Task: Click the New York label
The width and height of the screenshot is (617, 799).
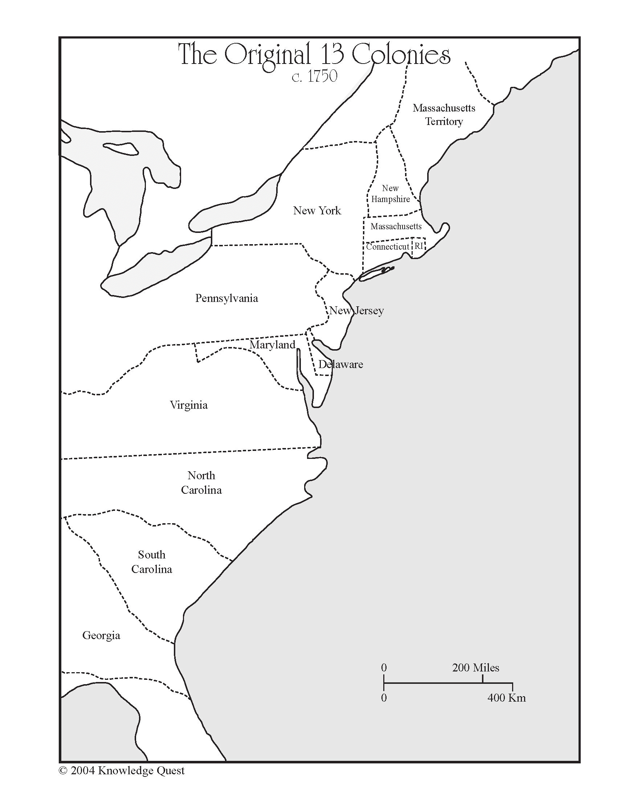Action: click(317, 211)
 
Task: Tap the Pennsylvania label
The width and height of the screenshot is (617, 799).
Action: click(226, 298)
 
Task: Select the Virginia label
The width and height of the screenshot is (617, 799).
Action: click(189, 405)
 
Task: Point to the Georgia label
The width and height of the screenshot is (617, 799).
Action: click(101, 635)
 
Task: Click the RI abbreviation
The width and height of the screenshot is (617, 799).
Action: click(419, 246)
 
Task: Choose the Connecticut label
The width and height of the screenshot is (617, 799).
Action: click(388, 247)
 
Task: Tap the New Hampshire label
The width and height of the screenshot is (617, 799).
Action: click(391, 194)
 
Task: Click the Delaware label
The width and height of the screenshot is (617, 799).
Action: click(340, 364)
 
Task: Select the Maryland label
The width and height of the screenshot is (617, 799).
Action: click(272, 344)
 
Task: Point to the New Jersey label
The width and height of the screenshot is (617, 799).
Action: click(356, 311)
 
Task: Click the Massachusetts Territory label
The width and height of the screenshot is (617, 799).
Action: click(444, 114)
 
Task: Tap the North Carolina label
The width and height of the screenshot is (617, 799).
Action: click(201, 483)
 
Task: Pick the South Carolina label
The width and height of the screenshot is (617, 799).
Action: click(152, 562)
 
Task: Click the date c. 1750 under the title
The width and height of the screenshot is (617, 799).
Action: click(314, 77)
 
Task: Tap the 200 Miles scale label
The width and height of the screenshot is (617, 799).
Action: click(475, 668)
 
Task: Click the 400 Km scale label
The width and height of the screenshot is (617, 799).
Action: click(507, 698)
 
